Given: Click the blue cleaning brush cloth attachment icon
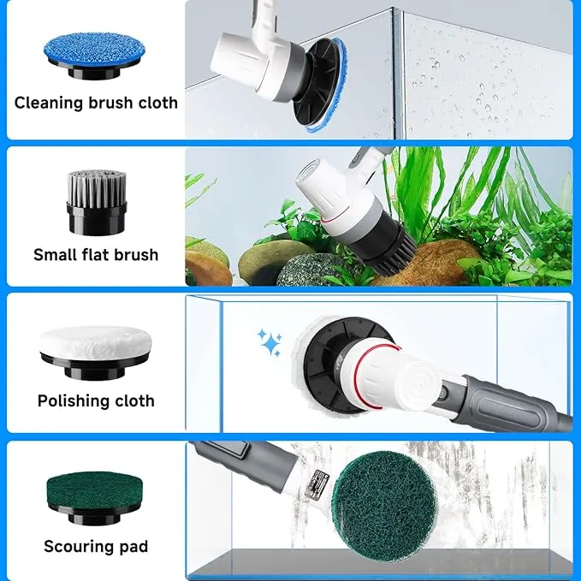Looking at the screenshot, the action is [94, 56].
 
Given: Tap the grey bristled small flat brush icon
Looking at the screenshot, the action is [97, 203].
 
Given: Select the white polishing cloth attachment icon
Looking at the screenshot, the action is [95, 352].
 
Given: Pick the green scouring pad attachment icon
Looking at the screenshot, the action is [95, 498].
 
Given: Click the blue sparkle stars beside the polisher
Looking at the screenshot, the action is [270, 341].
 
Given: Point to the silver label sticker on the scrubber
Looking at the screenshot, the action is [317, 483].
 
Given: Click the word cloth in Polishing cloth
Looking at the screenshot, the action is [134, 401].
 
